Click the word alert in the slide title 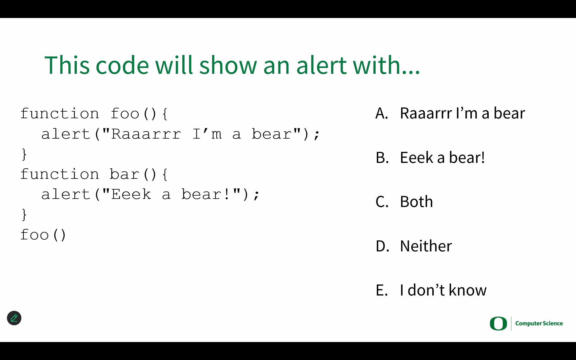(321, 65)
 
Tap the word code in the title (122, 65)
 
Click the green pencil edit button (14, 318)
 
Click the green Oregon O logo (498, 323)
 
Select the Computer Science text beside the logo (539, 323)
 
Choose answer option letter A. (382, 113)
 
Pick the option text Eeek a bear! (442, 157)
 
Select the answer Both (416, 202)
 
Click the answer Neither (426, 246)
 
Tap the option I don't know (443, 290)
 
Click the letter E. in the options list (382, 290)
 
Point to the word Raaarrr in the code (146, 134)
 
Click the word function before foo (60, 114)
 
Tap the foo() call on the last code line (43, 235)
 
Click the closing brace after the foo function (24, 154)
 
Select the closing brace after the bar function (24, 215)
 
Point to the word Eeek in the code (131, 194)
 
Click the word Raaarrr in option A (426, 113)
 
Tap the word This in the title (67, 65)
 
